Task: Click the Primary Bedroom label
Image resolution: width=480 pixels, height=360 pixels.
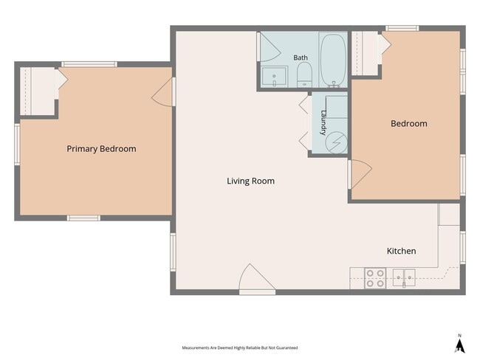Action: (x=101, y=149)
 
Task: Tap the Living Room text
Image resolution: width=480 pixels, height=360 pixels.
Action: (x=250, y=181)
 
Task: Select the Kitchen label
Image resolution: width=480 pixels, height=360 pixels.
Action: (x=401, y=251)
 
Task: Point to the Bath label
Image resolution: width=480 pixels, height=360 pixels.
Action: (x=301, y=58)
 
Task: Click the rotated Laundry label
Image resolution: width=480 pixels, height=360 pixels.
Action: (x=323, y=122)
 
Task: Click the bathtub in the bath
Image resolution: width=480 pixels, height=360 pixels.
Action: (x=333, y=60)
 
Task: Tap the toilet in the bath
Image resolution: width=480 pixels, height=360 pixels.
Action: (x=304, y=75)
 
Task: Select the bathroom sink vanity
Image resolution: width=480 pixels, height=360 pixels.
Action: (x=274, y=77)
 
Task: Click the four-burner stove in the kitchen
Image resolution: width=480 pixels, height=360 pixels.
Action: (x=375, y=278)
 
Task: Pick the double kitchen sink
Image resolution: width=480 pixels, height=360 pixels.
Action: (x=404, y=277)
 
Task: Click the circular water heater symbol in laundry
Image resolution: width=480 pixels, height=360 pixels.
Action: (x=336, y=142)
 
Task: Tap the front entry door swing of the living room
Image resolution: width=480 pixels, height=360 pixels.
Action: (x=257, y=277)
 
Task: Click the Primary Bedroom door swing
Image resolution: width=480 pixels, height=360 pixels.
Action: (x=162, y=92)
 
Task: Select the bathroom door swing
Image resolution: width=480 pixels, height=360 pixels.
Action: (x=270, y=47)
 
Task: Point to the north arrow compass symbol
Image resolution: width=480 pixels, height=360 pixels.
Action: (x=459, y=344)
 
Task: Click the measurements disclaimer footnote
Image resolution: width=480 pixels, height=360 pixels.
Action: (x=240, y=347)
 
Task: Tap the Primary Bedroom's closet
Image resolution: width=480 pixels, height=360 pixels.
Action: (x=38, y=91)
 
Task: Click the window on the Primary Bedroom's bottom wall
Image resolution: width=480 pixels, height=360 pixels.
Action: (x=83, y=218)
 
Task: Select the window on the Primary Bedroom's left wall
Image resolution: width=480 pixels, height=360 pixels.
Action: (x=18, y=145)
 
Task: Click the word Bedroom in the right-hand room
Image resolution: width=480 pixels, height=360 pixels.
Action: (x=408, y=124)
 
